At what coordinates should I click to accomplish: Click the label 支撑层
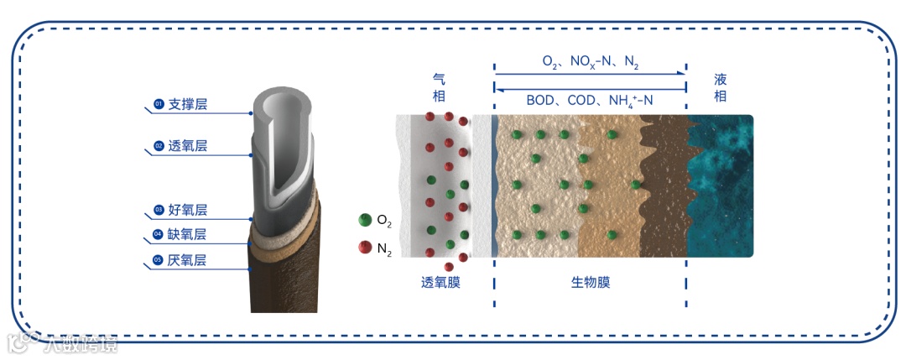(188, 105)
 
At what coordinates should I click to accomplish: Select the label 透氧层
(188, 146)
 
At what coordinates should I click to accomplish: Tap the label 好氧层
(188, 210)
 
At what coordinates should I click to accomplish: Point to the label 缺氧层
(188, 234)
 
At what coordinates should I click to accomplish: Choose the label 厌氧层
(188, 260)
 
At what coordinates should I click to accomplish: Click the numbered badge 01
(158, 105)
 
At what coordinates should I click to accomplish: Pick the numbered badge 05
(158, 260)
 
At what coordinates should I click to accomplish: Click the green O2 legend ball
(365, 220)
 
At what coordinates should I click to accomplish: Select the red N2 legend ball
(365, 247)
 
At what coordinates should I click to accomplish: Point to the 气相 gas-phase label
(439, 87)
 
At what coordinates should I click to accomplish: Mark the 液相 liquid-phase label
(720, 87)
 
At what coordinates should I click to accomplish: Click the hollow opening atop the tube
(286, 105)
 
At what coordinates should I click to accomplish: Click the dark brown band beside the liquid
(667, 185)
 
